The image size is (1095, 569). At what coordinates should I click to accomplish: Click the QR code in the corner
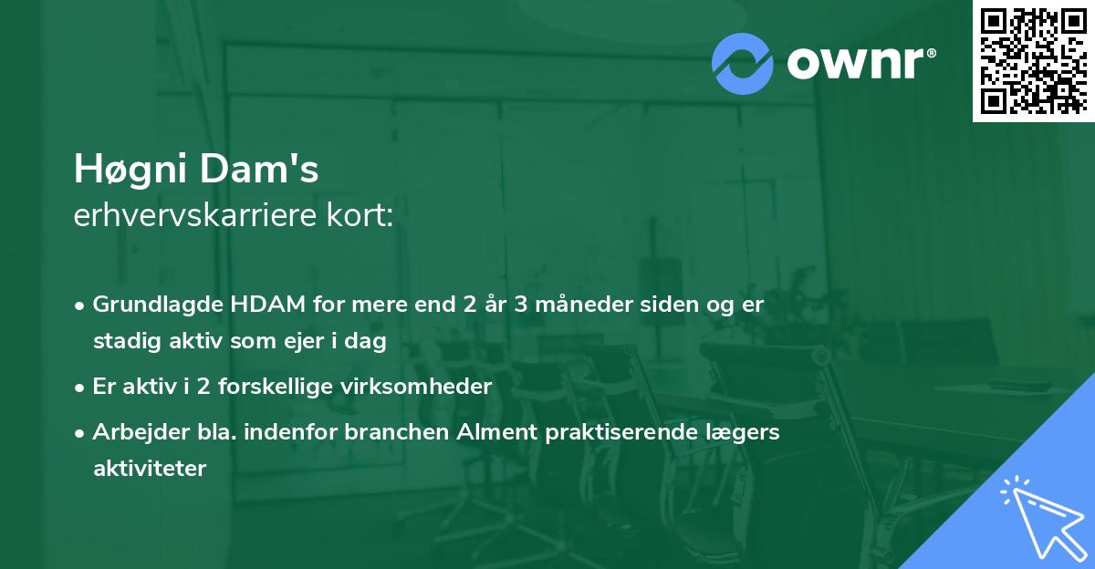tap(1033, 60)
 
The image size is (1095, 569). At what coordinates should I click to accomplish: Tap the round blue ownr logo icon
tap(742, 63)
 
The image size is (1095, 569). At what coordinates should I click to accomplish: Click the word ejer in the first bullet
tap(339, 341)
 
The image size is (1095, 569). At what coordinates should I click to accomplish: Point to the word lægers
tap(744, 432)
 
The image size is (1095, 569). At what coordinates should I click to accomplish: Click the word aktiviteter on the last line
tap(150, 469)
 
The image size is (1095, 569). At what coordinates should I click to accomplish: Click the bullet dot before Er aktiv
tap(80, 387)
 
